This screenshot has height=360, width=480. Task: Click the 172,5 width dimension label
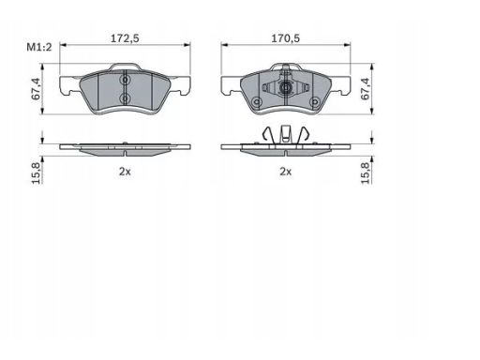[x=125, y=38]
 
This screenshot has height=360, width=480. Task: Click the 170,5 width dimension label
[x=285, y=38]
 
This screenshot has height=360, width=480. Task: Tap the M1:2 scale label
[x=39, y=47]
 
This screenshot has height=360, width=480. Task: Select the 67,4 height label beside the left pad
[x=36, y=89]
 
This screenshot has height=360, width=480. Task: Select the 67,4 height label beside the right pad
[x=365, y=89]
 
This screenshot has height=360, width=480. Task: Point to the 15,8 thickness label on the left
[x=37, y=172]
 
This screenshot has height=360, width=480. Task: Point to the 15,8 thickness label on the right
[x=365, y=172]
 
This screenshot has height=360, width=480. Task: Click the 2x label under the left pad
[x=125, y=172]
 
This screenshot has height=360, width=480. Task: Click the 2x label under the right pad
[x=285, y=172]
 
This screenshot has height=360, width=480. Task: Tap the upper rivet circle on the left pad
[x=125, y=81]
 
